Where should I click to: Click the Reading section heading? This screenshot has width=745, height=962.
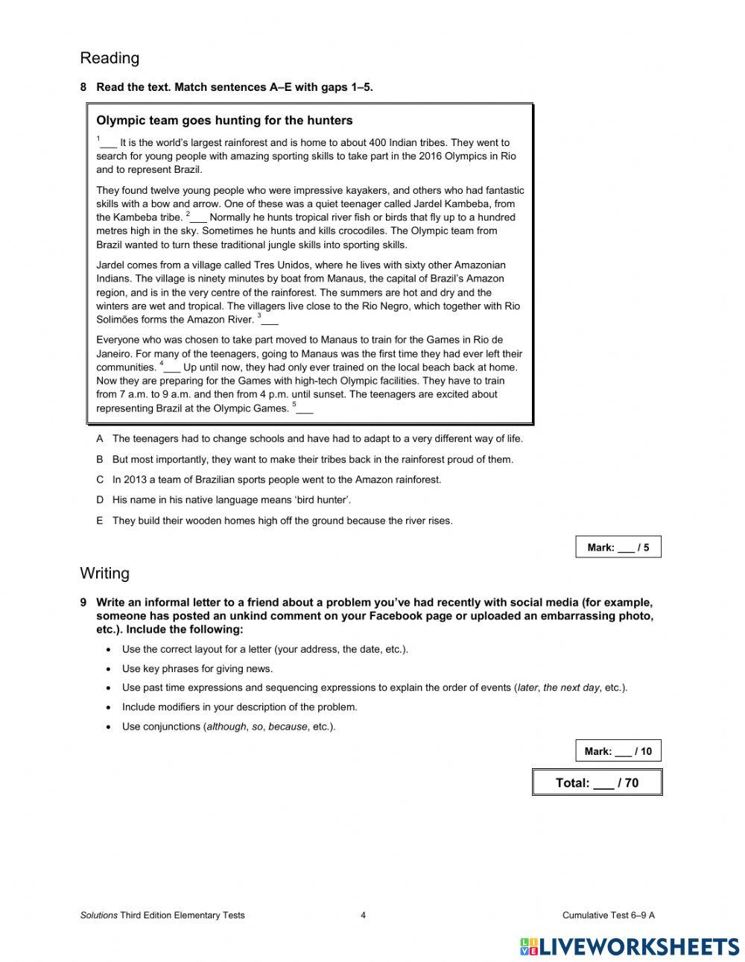(x=110, y=58)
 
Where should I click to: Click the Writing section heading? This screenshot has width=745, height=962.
(x=104, y=573)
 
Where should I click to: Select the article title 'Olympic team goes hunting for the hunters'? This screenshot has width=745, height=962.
(x=224, y=121)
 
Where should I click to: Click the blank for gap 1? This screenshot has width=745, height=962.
(x=109, y=143)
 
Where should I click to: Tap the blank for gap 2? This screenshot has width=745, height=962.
(x=198, y=218)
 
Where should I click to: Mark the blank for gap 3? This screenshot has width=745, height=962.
(x=270, y=320)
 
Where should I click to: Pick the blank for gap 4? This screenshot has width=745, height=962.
(x=172, y=367)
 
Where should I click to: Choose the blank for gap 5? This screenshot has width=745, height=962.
(x=305, y=408)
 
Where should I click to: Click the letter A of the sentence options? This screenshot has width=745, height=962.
(x=100, y=439)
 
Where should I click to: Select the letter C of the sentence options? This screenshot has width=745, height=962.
(x=100, y=480)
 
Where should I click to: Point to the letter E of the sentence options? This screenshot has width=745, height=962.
(x=100, y=521)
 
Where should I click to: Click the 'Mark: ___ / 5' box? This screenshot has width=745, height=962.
(x=618, y=547)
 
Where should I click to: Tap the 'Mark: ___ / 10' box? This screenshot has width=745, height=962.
(x=618, y=751)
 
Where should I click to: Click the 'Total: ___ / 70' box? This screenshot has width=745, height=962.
(x=597, y=782)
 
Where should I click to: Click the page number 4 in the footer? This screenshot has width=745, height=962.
(x=363, y=915)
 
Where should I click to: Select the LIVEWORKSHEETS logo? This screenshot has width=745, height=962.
(x=630, y=946)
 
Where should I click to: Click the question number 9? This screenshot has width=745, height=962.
(x=83, y=602)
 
